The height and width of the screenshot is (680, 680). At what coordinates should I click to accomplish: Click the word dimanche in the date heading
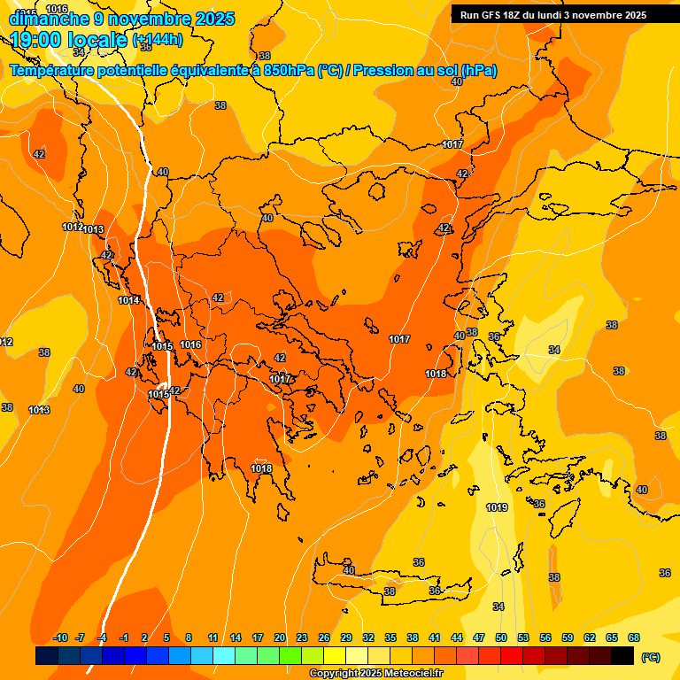pyautogui.click(x=49, y=19)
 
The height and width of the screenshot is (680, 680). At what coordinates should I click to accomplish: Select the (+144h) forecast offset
pyautogui.click(x=158, y=40)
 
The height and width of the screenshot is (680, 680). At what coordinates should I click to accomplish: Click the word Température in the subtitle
pyautogui.click(x=54, y=71)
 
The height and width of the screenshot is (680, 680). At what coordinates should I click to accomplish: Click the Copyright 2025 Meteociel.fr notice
pyautogui.click(x=376, y=674)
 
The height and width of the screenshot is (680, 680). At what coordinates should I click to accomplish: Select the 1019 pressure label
pyautogui.click(x=497, y=507)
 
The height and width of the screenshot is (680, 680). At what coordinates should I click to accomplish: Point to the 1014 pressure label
pyautogui.click(x=128, y=300)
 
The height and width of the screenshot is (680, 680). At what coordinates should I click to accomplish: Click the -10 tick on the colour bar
pyautogui.click(x=60, y=638)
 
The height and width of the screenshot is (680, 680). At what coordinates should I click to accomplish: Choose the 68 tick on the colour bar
pyautogui.click(x=634, y=638)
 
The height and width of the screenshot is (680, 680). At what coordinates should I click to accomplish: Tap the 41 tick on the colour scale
pyautogui.click(x=435, y=638)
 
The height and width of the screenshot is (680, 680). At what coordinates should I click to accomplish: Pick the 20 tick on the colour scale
pyautogui.click(x=280, y=638)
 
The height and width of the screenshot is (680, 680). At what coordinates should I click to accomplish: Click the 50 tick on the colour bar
pyautogui.click(x=501, y=638)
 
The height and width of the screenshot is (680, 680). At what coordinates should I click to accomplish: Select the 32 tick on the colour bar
pyautogui.click(x=368, y=638)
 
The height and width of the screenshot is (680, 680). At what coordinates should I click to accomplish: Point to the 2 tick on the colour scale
pyautogui.click(x=144, y=638)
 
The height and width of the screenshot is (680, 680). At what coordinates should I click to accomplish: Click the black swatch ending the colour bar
pyautogui.click(x=622, y=655)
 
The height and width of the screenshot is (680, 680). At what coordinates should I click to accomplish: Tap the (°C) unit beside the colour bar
pyautogui.click(x=651, y=656)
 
